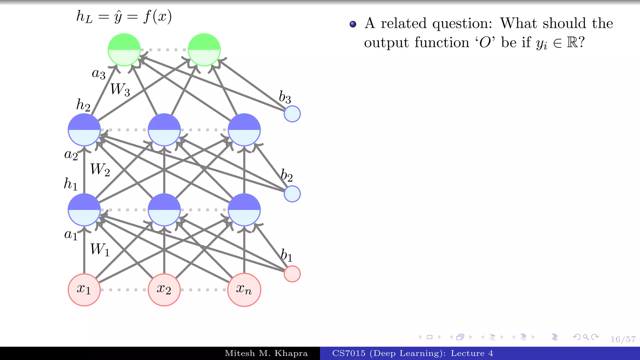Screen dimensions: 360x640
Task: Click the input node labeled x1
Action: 84,290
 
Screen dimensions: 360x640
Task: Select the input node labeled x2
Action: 164,290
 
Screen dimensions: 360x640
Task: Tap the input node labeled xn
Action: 244,290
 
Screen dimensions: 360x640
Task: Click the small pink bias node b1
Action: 292,274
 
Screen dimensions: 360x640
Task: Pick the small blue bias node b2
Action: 292,194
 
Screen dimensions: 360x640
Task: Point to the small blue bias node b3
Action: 292,114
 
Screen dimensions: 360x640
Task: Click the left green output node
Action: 124,50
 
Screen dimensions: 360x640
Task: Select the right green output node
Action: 204,50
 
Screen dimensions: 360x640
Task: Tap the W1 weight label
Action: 100,250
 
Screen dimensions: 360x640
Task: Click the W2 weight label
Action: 100,170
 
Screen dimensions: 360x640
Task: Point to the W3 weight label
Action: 120,90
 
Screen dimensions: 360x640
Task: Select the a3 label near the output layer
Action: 98,74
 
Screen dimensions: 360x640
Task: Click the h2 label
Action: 83,105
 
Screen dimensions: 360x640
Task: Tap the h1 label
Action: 71,184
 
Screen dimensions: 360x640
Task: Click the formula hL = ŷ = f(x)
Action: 124,17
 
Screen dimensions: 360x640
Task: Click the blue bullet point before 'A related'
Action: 353,24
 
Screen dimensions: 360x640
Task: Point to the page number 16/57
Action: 623,339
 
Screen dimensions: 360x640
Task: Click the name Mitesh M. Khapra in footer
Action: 266,353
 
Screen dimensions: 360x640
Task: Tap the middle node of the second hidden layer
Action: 164,130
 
